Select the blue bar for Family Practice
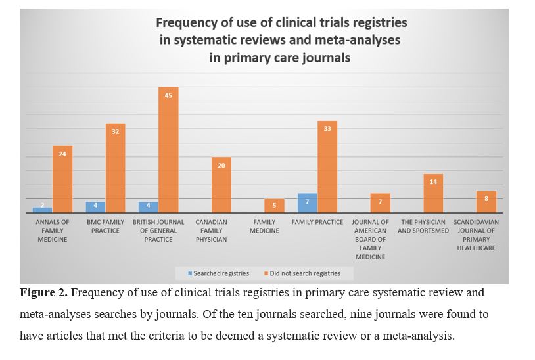click(x=307, y=203)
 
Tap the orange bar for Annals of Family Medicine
click(x=62, y=179)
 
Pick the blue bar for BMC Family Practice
click(x=95, y=207)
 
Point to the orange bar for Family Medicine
click(x=275, y=206)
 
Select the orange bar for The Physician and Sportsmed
click(x=433, y=193)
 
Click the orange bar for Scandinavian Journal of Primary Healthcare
click(x=486, y=202)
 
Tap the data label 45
click(x=168, y=96)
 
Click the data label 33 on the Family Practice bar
click(x=327, y=129)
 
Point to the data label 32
click(x=115, y=132)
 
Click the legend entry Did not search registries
click(x=302, y=273)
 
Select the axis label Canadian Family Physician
click(x=211, y=231)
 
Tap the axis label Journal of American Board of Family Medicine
click(x=370, y=239)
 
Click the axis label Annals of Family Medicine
click(x=52, y=231)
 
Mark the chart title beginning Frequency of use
click(x=281, y=40)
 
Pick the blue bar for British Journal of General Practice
click(x=148, y=207)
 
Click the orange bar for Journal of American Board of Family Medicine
click(x=380, y=203)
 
